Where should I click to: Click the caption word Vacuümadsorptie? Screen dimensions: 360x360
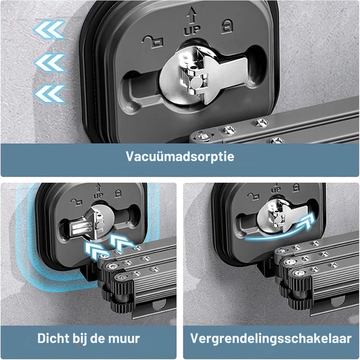pos(180,156)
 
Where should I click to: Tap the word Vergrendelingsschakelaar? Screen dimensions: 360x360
pos(271,338)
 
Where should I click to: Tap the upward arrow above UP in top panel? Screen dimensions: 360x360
pos(192,15)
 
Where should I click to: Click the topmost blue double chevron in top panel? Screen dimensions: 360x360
pos(49,29)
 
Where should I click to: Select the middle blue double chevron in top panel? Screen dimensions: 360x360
pos(50,63)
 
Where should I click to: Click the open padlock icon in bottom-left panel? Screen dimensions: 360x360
pos(76,202)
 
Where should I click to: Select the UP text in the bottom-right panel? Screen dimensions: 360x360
pos(276,190)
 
